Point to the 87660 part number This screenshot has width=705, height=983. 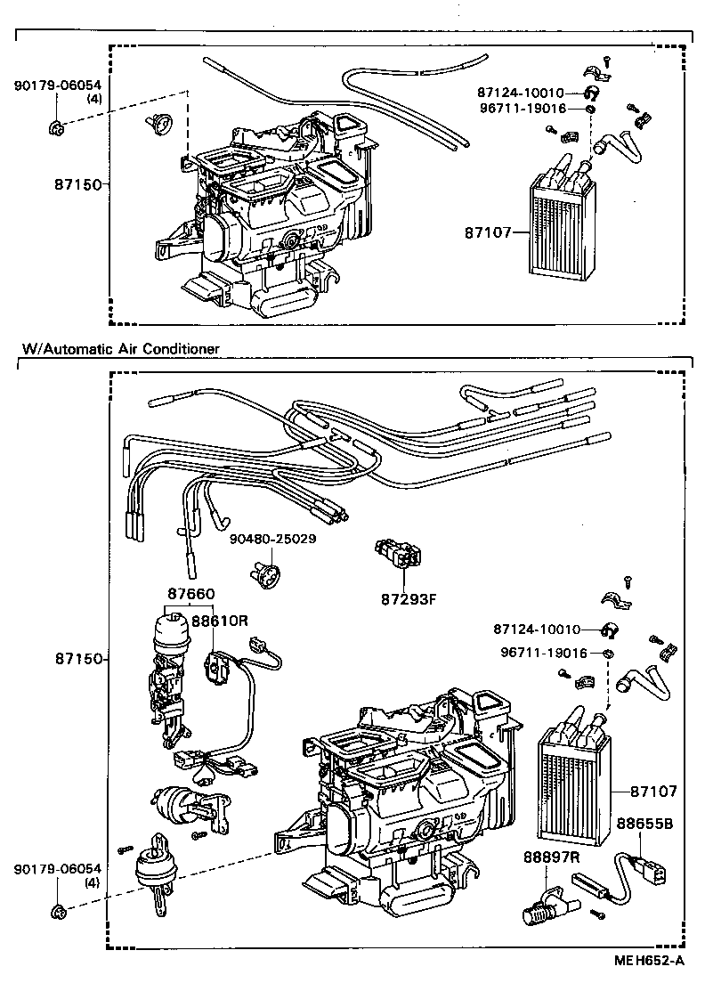pyautogui.click(x=190, y=594)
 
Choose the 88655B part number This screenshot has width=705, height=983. pyautogui.click(x=648, y=824)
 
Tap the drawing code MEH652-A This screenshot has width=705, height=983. pyautogui.click(x=651, y=961)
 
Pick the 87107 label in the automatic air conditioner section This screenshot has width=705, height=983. pyautogui.click(x=653, y=791)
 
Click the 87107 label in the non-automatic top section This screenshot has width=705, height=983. pyautogui.click(x=488, y=233)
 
